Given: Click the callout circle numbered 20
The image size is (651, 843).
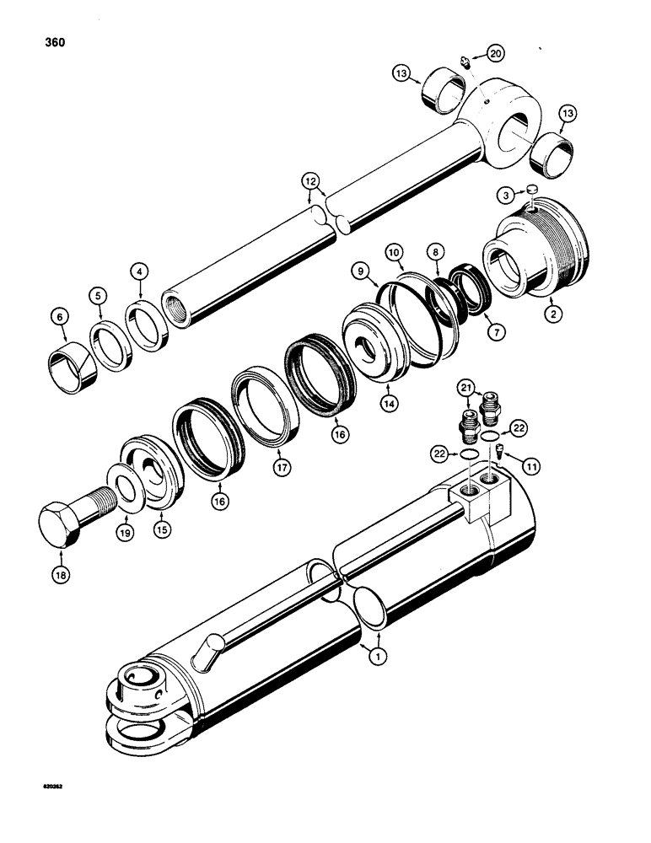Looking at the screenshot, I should point(496,54).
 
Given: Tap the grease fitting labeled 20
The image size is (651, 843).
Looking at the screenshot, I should point(467,60).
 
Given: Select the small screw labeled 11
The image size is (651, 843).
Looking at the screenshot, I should point(498,451).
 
